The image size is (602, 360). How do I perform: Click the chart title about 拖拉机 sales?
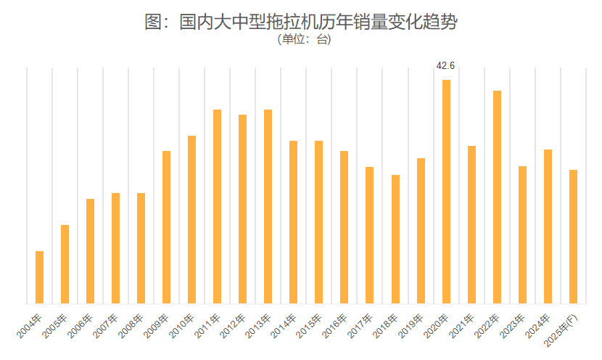(301, 22)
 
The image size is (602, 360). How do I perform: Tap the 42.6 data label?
(445, 66)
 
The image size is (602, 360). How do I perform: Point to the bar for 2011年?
(218, 206)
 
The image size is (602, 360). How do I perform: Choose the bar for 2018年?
(395, 239)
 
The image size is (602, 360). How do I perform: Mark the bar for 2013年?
(268, 206)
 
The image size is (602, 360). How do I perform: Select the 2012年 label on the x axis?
(235, 329)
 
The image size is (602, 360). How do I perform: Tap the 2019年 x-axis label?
(413, 329)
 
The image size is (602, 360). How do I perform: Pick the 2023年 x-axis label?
(514, 329)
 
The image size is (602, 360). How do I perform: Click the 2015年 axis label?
(311, 329)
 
